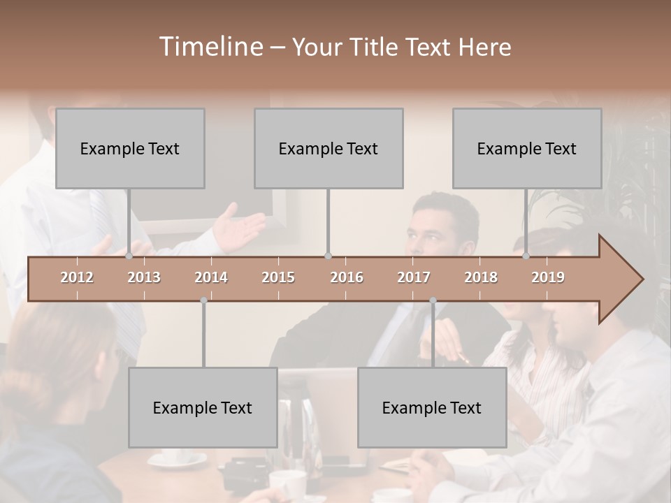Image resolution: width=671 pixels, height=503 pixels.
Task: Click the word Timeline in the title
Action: pyautogui.click(x=210, y=47)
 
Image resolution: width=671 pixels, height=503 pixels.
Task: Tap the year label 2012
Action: pyautogui.click(x=77, y=277)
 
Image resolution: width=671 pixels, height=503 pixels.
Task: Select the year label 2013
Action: pyautogui.click(x=144, y=277)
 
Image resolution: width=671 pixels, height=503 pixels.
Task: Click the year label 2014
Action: pyautogui.click(x=211, y=277)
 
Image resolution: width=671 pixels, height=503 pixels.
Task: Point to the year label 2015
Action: pyautogui.click(x=278, y=277)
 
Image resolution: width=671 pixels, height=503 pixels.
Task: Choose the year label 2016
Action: pyautogui.click(x=347, y=277)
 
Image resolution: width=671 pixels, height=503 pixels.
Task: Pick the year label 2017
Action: pyautogui.click(x=414, y=277)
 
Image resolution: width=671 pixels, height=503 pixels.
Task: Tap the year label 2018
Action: pyautogui.click(x=481, y=277)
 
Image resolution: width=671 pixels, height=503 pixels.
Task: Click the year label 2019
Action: pyautogui.click(x=548, y=277)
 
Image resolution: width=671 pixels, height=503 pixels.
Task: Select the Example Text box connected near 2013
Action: pyautogui.click(x=130, y=148)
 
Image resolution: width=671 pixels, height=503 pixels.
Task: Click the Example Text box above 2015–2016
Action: pyautogui.click(x=329, y=148)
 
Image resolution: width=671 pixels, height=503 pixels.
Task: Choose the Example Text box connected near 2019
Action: pyautogui.click(x=527, y=148)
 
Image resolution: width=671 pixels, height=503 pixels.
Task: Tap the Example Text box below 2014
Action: pyautogui.click(x=203, y=407)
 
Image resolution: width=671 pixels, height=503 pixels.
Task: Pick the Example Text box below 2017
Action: pyautogui.click(x=432, y=407)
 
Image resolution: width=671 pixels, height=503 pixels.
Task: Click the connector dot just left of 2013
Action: pyautogui.click(x=129, y=256)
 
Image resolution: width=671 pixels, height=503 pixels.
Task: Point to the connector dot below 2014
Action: pyautogui.click(x=203, y=300)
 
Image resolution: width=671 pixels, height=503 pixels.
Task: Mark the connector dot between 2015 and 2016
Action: pyautogui.click(x=328, y=256)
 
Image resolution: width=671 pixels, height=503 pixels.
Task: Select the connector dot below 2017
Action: pyautogui.click(x=433, y=300)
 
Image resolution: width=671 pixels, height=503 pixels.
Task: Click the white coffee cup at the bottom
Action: pyautogui.click(x=287, y=483)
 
